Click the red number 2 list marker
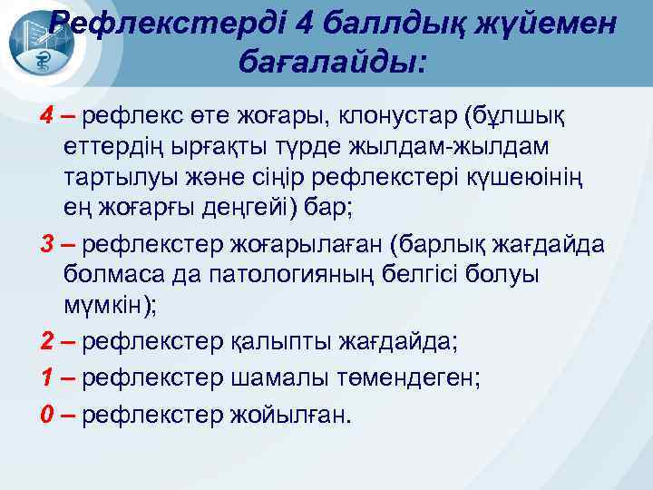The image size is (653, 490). pyautogui.click(x=46, y=342)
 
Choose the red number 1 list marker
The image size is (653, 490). pyautogui.click(x=46, y=378)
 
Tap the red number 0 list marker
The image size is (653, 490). pyautogui.click(x=46, y=415)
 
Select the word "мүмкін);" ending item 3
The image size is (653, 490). pyautogui.click(x=110, y=306)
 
